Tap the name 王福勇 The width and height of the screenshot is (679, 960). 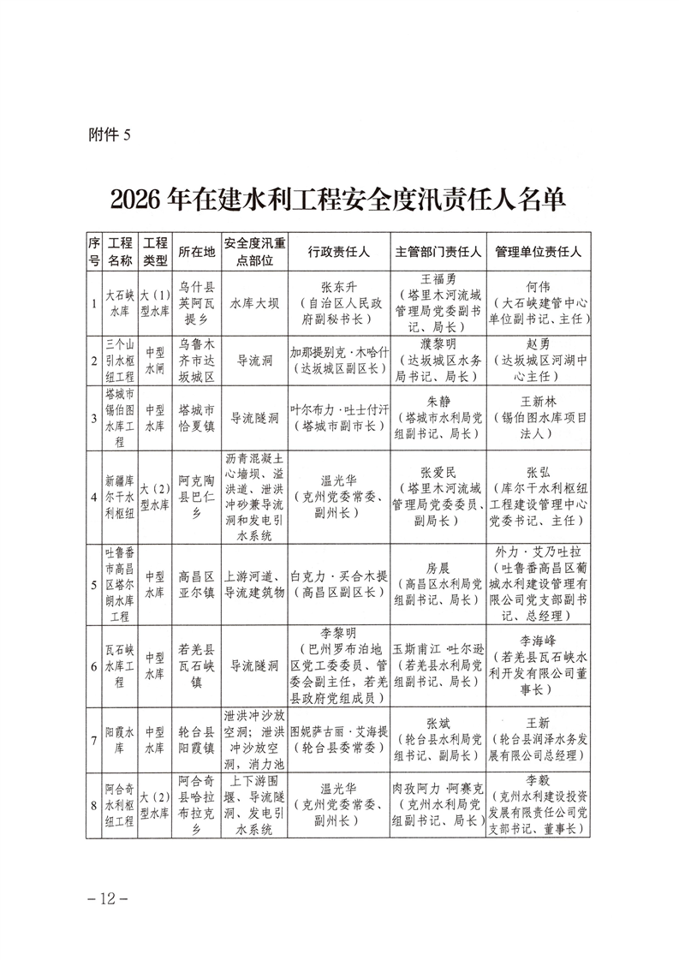pos(438,279)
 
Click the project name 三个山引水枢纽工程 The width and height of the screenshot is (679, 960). pos(119,361)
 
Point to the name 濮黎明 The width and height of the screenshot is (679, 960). pos(438,344)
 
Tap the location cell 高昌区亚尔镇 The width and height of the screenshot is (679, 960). pos(196,582)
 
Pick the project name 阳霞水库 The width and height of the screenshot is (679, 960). pos(119,739)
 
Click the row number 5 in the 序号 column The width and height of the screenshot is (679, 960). pos(93,582)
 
